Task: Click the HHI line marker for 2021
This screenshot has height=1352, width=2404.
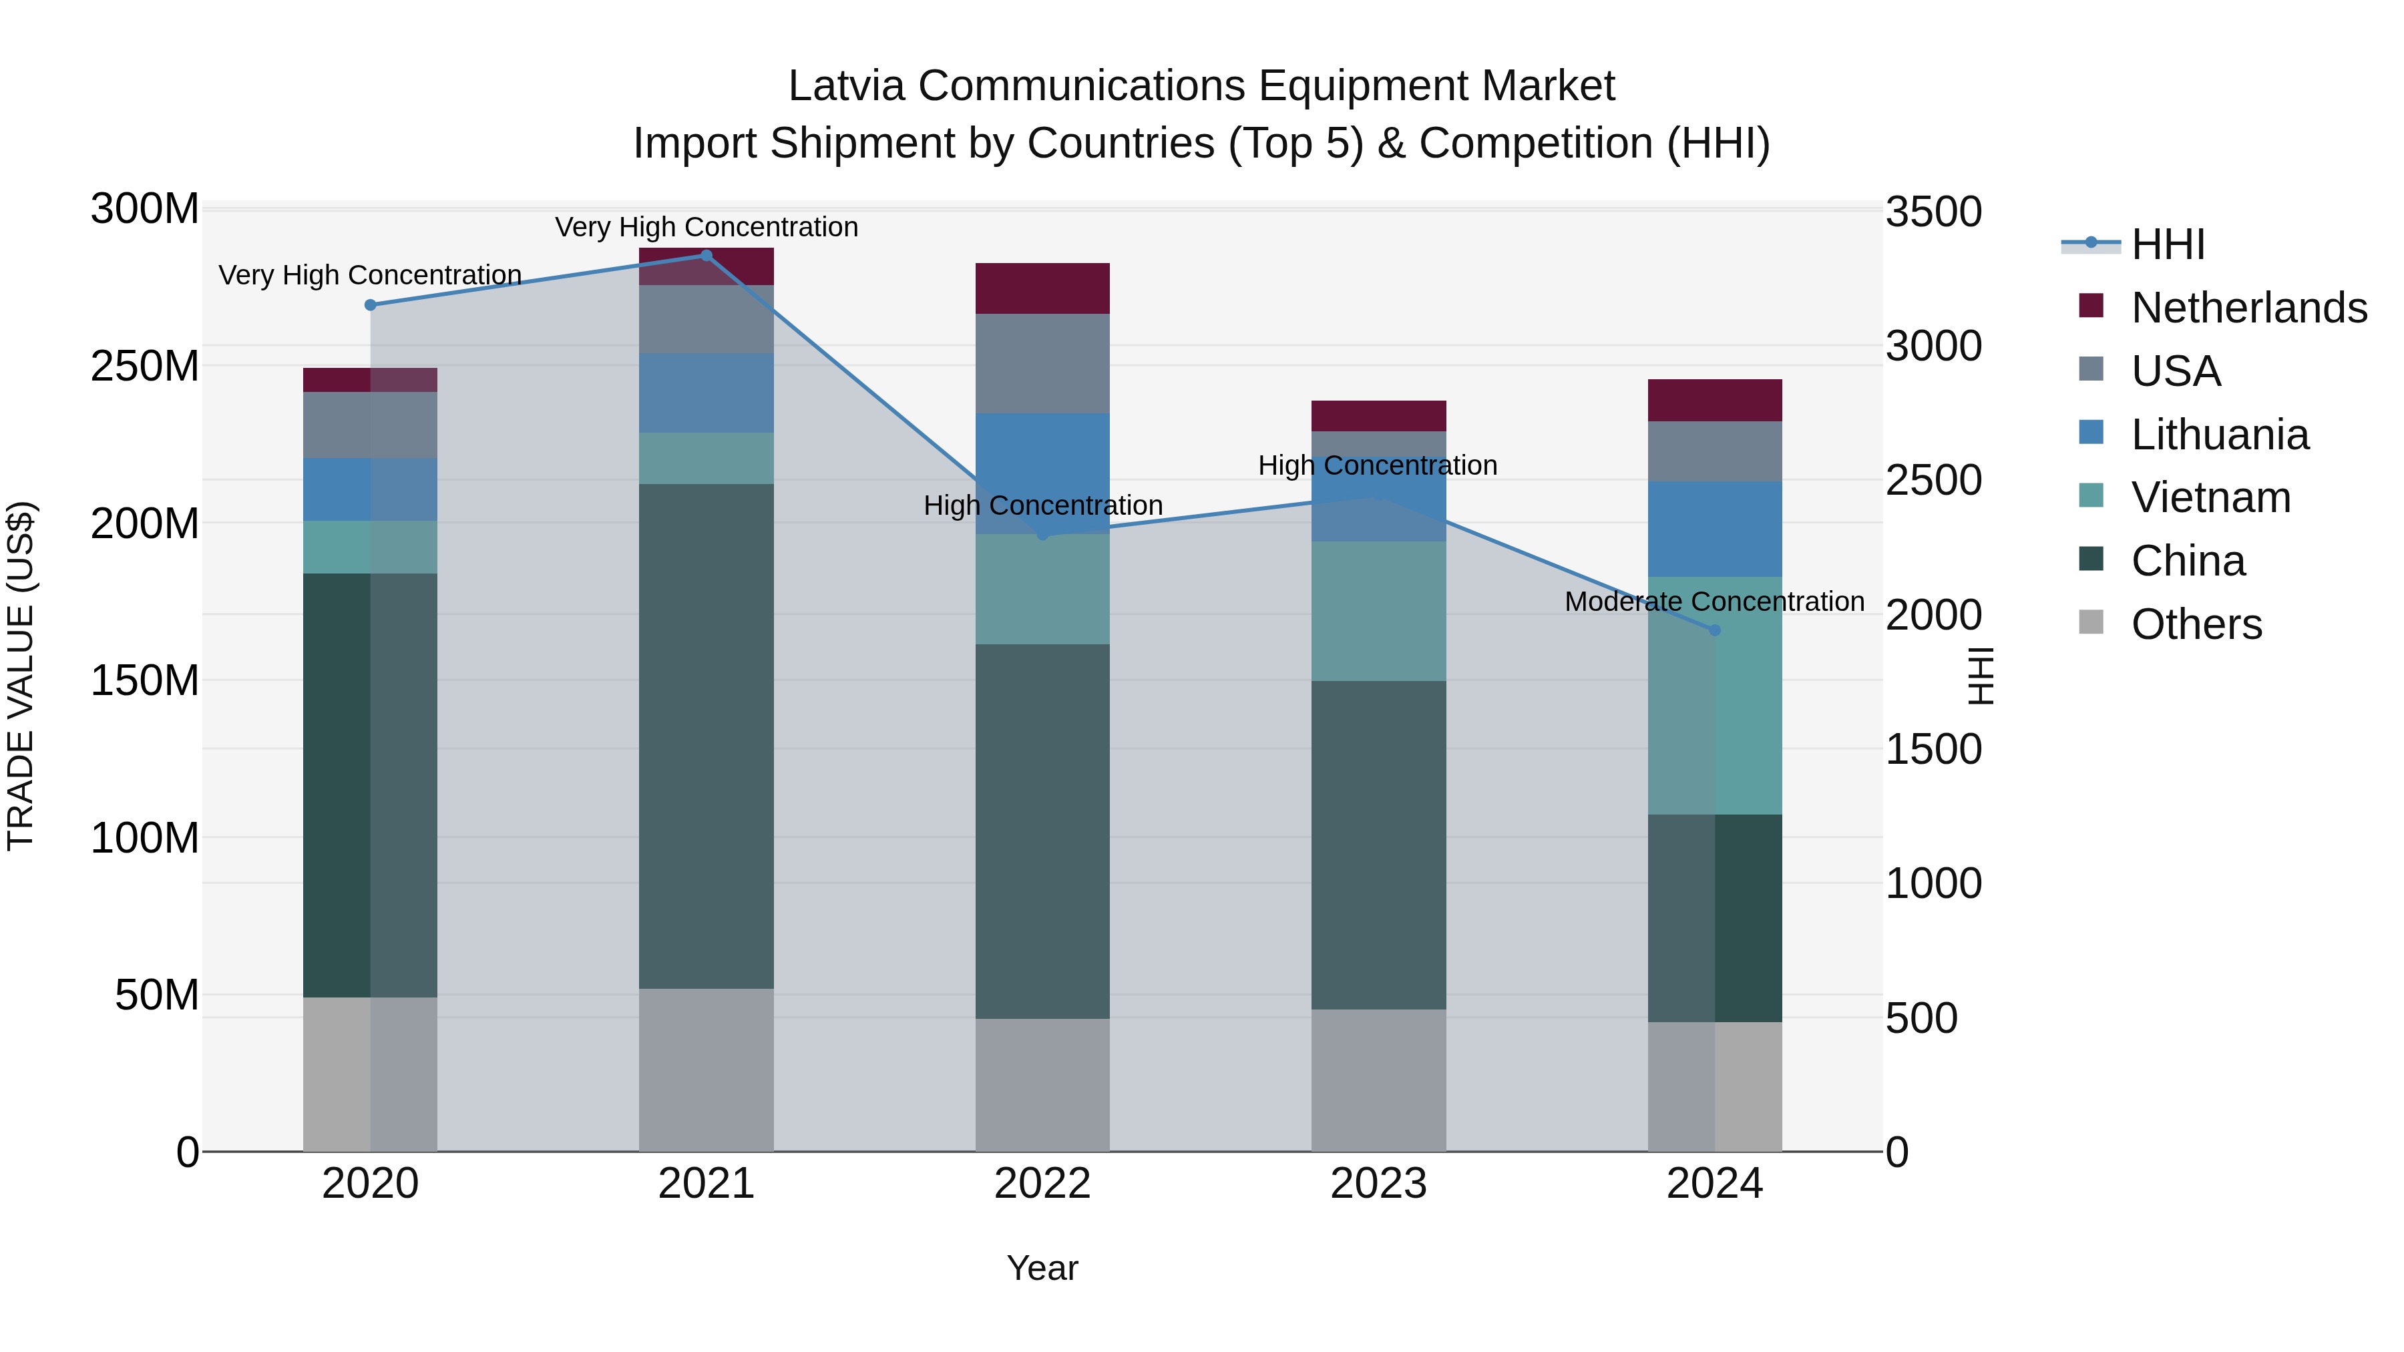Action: pyautogui.click(x=706, y=256)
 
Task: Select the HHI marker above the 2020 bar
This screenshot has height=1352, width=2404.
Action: pyautogui.click(x=371, y=305)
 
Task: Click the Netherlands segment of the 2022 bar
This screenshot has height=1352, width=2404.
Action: pyautogui.click(x=1042, y=288)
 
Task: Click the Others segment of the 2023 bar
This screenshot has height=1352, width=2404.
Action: pyautogui.click(x=1378, y=1080)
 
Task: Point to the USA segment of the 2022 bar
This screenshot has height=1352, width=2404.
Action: pyautogui.click(x=1042, y=363)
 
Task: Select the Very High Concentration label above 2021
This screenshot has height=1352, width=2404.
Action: pyautogui.click(x=707, y=227)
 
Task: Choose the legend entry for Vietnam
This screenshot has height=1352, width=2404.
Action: pyautogui.click(x=2210, y=497)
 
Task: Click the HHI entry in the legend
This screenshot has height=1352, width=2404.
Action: pyautogui.click(x=2167, y=244)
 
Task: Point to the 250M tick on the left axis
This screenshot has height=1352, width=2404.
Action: pyautogui.click(x=145, y=366)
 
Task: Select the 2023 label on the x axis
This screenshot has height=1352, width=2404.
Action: pyautogui.click(x=1378, y=1184)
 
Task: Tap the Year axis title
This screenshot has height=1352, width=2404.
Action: pyautogui.click(x=1042, y=1268)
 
